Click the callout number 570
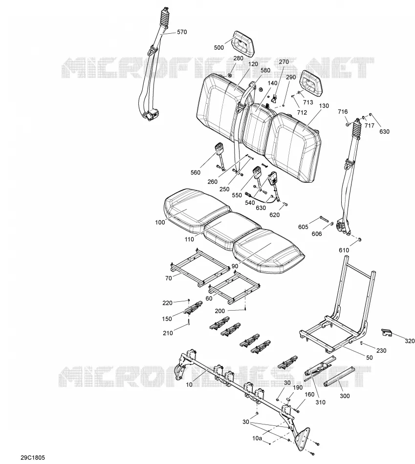pyautogui.click(x=182, y=32)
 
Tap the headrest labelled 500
pyautogui.click(x=243, y=43)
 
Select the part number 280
pyautogui.click(x=238, y=58)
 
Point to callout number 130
pyautogui.click(x=324, y=105)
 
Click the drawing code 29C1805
pyautogui.click(x=33, y=458)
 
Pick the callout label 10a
pyautogui.click(x=257, y=438)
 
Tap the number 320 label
pyautogui.click(x=410, y=341)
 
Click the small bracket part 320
pyautogui.click(x=386, y=332)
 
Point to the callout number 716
pyautogui.click(x=343, y=111)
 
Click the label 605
pyautogui.click(x=303, y=227)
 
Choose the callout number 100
pyautogui.click(x=160, y=222)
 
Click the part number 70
pyautogui.click(x=168, y=278)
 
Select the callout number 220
pyautogui.click(x=167, y=303)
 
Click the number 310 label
pyautogui.click(x=321, y=402)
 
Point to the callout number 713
pyautogui.click(x=308, y=102)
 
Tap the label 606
pyautogui.click(x=317, y=234)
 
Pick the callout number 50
pyautogui.click(x=370, y=358)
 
